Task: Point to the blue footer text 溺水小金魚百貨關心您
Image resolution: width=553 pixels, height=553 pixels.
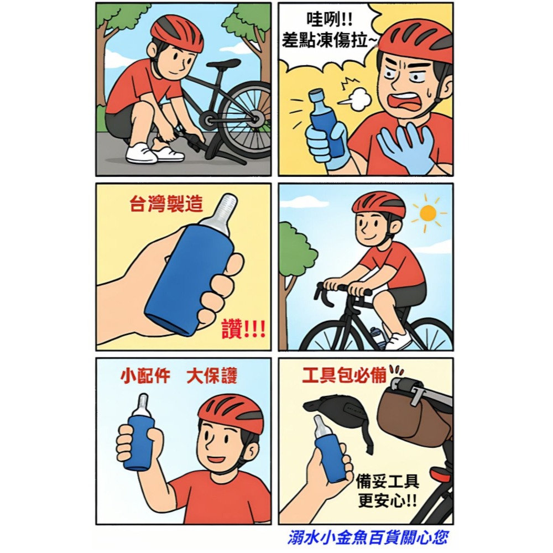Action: pyautogui.click(x=368, y=537)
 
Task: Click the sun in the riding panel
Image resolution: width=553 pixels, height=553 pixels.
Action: pyautogui.click(x=427, y=213)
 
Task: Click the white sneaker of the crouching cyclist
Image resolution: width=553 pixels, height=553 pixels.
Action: pyautogui.click(x=142, y=153)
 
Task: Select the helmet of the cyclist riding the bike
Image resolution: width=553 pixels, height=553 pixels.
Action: pyautogui.click(x=379, y=204)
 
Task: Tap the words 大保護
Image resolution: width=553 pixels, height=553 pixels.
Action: pyautogui.click(x=212, y=377)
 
